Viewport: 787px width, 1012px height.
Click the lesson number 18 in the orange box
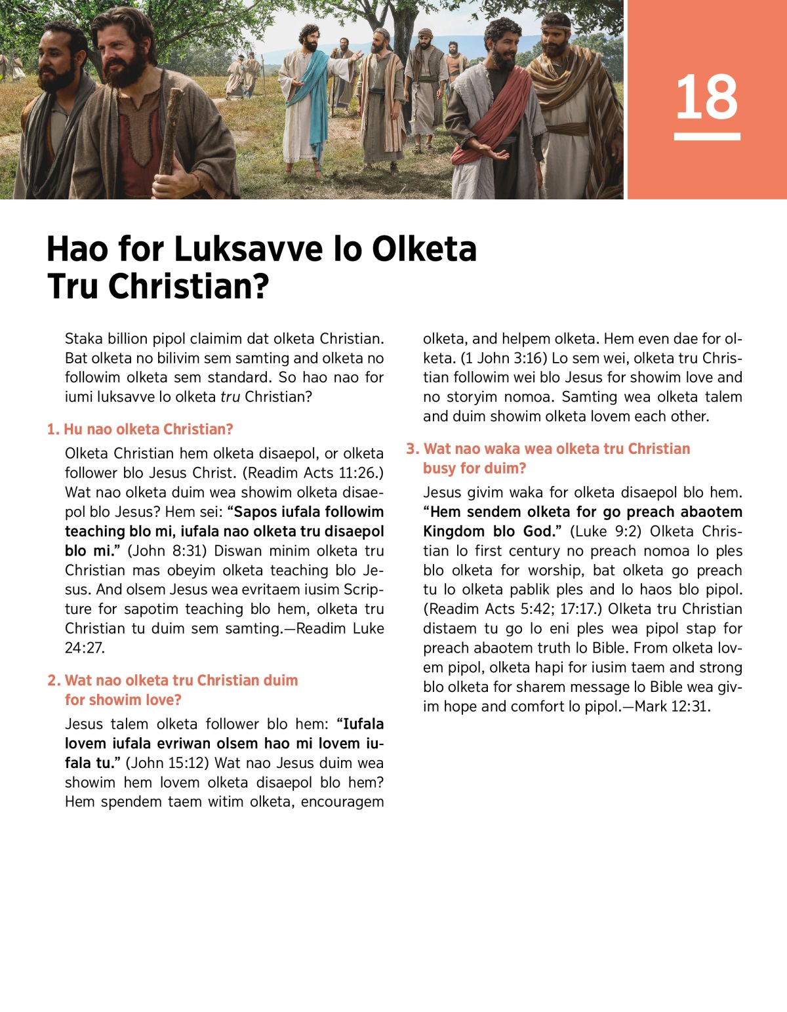[706, 97]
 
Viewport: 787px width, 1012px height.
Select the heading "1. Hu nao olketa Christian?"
[140, 430]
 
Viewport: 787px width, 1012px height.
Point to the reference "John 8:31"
[169, 551]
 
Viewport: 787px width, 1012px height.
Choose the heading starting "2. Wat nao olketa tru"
[172, 681]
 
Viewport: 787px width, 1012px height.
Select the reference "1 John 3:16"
[504, 359]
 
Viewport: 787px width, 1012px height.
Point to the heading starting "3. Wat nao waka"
[548, 449]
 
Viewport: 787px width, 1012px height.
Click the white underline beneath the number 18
[706, 136]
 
